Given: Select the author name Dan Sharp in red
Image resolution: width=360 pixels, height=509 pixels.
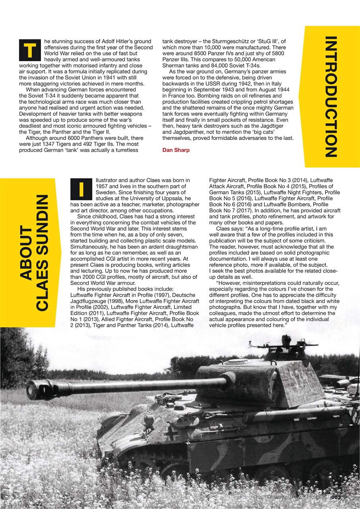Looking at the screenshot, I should pos(175,150).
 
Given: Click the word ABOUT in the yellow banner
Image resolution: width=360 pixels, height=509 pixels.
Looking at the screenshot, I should pos(28,253).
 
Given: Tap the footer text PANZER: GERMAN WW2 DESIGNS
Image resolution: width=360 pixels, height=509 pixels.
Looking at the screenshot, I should pos(290,497).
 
